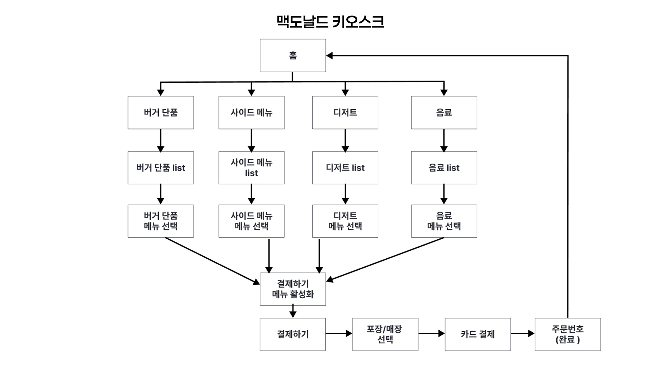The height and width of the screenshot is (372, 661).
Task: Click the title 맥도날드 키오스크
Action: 330,22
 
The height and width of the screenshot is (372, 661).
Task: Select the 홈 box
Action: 293,55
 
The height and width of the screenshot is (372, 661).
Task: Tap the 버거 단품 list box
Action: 160,168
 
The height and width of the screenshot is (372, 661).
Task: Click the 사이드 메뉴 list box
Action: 251,168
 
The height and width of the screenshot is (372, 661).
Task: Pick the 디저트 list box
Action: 345,168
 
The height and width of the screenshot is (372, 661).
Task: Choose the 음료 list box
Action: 444,168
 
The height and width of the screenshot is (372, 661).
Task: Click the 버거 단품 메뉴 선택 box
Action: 160,221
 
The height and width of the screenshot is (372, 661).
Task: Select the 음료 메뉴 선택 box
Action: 444,221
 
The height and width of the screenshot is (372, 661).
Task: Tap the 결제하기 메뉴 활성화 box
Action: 293,289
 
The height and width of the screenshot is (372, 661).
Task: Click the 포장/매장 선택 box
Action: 385,334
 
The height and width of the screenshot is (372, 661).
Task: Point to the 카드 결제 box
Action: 478,334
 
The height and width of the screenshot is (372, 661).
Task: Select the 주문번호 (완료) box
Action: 567,334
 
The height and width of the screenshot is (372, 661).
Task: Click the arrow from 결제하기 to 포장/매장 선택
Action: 339,333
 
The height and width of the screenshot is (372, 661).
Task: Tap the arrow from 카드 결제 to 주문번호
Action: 523,333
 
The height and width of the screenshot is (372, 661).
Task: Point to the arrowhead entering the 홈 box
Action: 329,55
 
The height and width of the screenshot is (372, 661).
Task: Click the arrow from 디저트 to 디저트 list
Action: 345,140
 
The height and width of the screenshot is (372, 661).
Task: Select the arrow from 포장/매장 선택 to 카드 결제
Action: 431,333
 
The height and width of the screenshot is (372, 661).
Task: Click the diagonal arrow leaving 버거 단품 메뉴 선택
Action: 212,261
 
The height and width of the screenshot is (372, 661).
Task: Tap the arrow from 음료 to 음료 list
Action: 444,140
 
